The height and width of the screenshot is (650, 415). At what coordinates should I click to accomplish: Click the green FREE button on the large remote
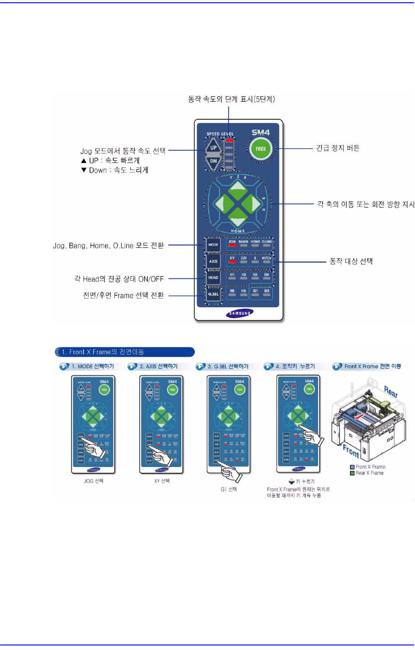pyautogui.click(x=260, y=149)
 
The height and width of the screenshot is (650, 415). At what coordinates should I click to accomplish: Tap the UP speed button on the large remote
pyautogui.click(x=213, y=147)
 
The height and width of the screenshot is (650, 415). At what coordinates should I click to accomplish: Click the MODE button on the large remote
pyautogui.click(x=213, y=245)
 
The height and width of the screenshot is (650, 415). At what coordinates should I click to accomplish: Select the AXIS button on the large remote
pyautogui.click(x=213, y=261)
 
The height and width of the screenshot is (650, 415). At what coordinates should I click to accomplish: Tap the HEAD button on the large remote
pyautogui.click(x=213, y=278)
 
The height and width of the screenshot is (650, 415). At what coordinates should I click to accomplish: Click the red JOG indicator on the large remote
pyautogui.click(x=232, y=246)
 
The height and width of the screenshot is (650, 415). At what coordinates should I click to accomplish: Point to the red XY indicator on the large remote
pyautogui.click(x=232, y=262)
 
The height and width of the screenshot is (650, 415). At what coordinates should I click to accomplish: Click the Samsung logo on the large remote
pyautogui.click(x=240, y=314)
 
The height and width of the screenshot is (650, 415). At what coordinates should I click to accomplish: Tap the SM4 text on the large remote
pyautogui.click(x=261, y=132)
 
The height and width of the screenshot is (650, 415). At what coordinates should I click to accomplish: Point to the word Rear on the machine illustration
pyautogui.click(x=390, y=392)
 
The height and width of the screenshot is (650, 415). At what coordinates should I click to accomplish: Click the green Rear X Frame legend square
pyautogui.click(x=352, y=473)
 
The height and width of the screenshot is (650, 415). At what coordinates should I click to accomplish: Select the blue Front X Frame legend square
pyautogui.click(x=352, y=467)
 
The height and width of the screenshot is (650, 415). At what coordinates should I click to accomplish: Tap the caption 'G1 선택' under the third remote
pyautogui.click(x=229, y=489)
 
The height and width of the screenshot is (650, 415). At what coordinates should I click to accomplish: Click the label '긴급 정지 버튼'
pyautogui.click(x=338, y=148)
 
